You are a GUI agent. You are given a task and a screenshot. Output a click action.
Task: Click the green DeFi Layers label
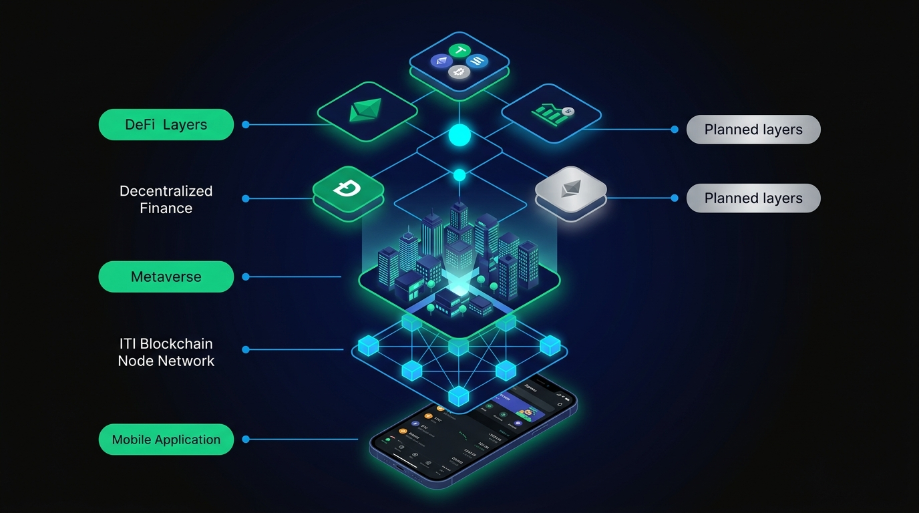click(x=166, y=125)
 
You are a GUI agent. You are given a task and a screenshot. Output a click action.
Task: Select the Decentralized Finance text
click(x=166, y=199)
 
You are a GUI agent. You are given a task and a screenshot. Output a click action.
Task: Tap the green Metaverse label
click(x=166, y=277)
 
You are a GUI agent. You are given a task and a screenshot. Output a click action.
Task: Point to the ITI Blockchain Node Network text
click(x=166, y=352)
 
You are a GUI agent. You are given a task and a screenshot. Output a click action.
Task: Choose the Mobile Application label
click(x=166, y=440)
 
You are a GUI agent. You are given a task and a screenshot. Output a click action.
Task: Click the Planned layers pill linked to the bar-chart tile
click(x=753, y=130)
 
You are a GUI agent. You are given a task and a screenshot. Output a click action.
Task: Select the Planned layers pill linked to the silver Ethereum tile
click(x=753, y=198)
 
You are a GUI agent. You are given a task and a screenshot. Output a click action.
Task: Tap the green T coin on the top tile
click(x=459, y=51)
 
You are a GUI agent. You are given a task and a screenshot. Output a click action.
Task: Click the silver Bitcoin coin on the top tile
click(x=459, y=71)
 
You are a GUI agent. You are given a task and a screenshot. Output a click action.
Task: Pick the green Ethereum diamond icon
click(x=366, y=111)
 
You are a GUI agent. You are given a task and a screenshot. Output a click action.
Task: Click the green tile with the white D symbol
click(x=348, y=189)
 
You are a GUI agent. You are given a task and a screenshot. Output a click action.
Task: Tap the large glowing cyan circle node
click(x=459, y=136)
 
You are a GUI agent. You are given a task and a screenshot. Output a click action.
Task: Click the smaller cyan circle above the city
click(x=459, y=175)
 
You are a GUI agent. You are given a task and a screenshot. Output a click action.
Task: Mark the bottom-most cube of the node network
click(x=458, y=396)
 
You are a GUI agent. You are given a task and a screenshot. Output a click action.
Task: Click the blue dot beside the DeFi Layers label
click(x=246, y=125)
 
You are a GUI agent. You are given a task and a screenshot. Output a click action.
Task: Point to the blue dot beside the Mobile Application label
click(x=246, y=440)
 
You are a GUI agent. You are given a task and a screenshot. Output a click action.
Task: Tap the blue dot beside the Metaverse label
click(x=246, y=277)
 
